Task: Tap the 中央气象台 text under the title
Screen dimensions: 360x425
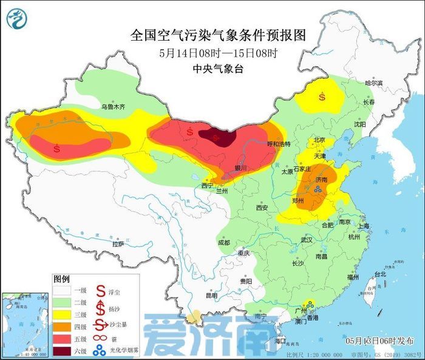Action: [217, 69]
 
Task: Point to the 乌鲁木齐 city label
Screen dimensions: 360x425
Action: [112, 107]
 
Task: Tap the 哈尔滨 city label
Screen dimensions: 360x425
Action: [374, 83]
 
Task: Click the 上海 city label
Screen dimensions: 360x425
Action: [364, 226]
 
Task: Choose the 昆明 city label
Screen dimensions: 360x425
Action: [211, 296]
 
